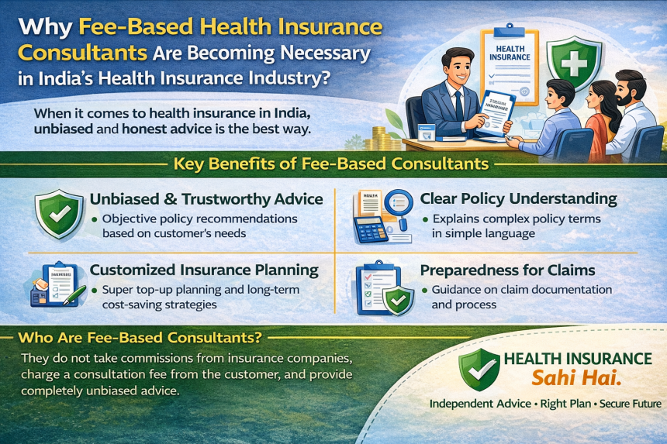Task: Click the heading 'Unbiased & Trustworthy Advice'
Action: pos(206,200)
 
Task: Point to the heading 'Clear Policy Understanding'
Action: pos(518,199)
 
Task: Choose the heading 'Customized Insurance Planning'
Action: pos(204,270)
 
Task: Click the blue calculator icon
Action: pos(371,229)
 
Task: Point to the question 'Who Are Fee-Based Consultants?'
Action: pos(140,338)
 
